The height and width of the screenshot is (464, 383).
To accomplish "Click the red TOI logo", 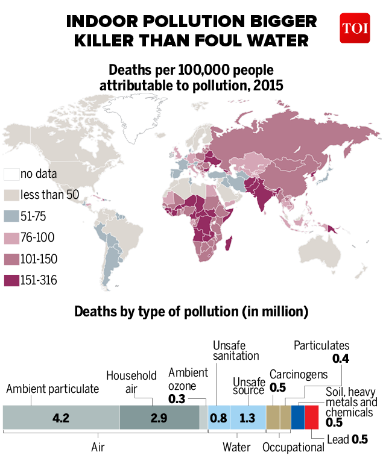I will click(355, 28).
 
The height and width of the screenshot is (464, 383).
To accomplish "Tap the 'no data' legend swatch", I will click(11, 174).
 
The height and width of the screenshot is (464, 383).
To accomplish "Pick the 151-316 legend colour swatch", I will click(11, 281).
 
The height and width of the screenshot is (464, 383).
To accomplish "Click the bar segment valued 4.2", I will click(61, 418).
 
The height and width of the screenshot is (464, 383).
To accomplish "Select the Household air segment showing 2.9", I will click(159, 418).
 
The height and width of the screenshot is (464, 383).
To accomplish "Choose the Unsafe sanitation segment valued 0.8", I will click(218, 418).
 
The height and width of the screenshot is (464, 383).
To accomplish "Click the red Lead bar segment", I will click(312, 418).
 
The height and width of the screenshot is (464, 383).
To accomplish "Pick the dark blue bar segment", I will click(298, 418).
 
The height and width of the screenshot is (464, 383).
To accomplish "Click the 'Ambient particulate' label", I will click(52, 389).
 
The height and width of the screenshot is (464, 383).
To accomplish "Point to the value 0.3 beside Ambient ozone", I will click(177, 399).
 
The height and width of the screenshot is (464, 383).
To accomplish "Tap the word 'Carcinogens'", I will click(299, 374).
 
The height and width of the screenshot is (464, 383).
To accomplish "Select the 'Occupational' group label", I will click(294, 448).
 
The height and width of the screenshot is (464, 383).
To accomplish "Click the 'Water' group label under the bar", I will click(236, 448).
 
